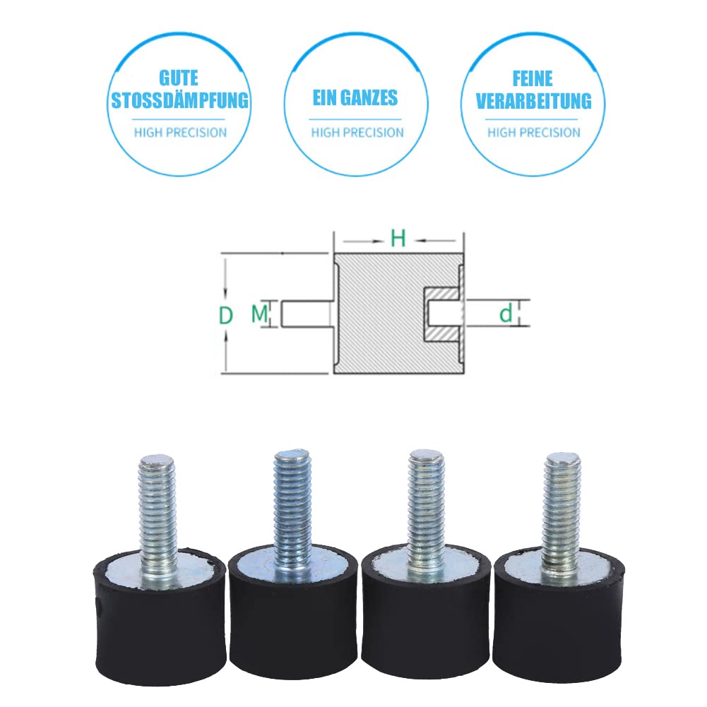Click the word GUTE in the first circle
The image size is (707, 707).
coord(179,77)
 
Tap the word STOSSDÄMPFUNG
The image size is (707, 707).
coord(179,100)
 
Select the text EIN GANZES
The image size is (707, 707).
coord(356,97)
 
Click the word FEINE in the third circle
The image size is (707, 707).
coord(533,77)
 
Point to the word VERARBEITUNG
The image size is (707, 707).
coord(533,100)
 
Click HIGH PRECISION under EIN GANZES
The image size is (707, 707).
coord(357,132)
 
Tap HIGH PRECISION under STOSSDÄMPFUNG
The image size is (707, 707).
coord(180,132)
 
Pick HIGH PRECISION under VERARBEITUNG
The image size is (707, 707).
coord(534,132)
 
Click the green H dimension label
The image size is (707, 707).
coord(398,239)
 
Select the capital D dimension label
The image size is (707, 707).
coord(225,315)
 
